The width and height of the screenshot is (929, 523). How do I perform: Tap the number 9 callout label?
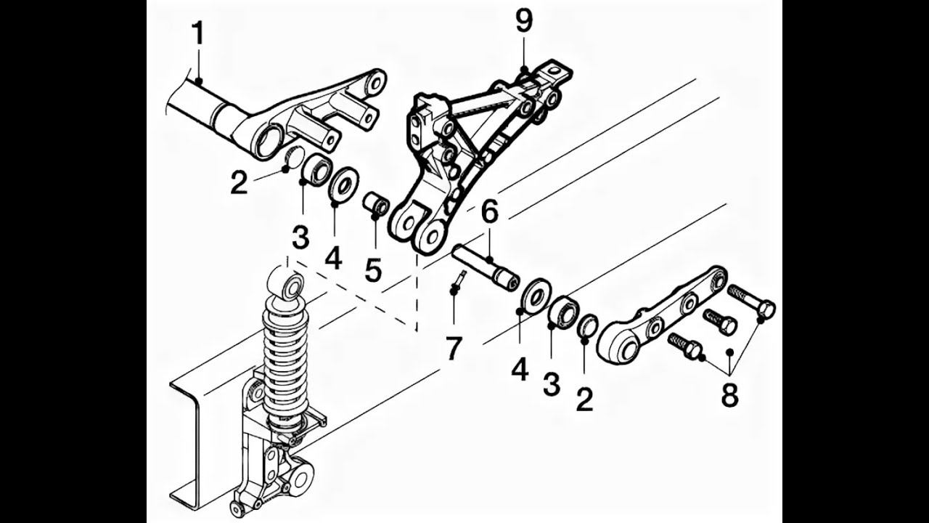(524, 22)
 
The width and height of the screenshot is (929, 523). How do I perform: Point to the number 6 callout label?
(490, 213)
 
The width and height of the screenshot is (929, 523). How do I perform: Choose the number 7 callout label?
(454, 348)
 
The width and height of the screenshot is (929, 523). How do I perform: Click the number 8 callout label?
(729, 396)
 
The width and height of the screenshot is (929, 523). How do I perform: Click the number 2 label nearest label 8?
(585, 399)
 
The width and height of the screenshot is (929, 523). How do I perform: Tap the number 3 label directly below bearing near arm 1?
(300, 237)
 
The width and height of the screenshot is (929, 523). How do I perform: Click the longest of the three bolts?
(750, 301)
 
